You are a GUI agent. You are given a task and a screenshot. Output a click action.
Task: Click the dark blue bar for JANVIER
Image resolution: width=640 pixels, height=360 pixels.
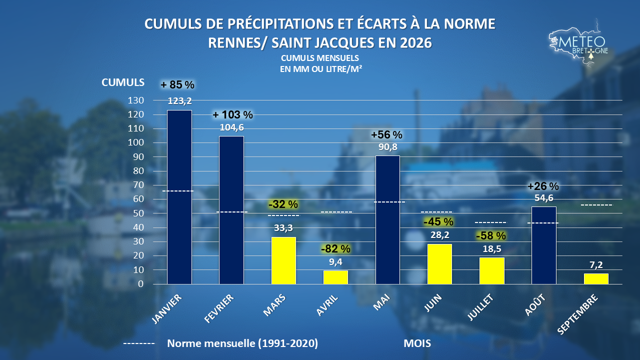179,197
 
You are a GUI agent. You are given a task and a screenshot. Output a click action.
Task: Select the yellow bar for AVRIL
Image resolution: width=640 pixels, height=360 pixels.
335,277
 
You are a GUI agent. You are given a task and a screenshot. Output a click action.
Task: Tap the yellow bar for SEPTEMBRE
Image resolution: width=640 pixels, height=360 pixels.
596,279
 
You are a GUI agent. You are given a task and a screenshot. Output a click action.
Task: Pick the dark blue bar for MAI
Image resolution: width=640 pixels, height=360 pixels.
387,219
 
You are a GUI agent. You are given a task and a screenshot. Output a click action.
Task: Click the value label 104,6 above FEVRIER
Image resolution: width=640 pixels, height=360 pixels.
231,127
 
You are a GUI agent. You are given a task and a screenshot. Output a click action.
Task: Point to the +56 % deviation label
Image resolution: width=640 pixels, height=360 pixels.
386,134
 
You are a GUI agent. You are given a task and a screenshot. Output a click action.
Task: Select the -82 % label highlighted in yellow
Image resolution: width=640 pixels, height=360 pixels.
335,249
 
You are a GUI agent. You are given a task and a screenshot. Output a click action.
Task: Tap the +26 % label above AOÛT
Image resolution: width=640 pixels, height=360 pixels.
543,186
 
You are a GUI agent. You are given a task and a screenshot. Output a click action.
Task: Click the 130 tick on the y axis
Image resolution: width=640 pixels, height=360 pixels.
135,100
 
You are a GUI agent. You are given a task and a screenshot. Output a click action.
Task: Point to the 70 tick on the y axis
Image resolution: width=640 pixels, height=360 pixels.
138,185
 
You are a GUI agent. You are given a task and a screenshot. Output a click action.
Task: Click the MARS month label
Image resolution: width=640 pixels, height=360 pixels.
274,305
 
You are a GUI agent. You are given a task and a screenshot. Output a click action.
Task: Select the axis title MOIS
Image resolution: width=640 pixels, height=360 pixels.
417,343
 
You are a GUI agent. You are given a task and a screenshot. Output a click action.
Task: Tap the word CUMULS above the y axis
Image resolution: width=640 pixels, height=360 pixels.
123,82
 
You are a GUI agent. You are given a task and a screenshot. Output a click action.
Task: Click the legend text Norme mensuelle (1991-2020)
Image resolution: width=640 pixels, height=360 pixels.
242,343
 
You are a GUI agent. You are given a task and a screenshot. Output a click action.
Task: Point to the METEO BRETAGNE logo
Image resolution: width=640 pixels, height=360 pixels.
578,45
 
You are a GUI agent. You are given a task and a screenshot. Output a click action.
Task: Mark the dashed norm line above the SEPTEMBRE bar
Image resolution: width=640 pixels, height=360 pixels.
596,205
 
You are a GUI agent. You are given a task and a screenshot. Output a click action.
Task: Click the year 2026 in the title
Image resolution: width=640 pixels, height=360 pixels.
416,43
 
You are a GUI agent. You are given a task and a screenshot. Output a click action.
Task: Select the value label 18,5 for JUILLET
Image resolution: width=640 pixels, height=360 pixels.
491,249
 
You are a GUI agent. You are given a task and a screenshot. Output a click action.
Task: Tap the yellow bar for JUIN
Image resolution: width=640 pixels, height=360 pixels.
439,264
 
